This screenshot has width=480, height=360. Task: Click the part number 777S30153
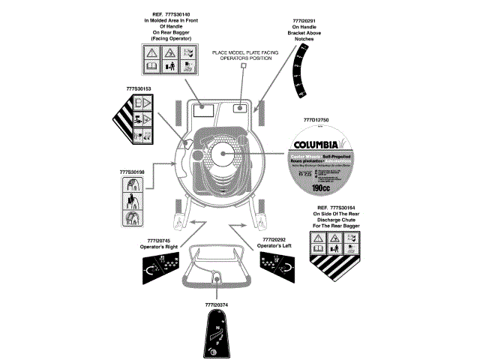coord(139,88)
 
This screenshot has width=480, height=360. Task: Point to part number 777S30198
coord(132,172)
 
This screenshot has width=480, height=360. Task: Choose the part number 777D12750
coord(316,121)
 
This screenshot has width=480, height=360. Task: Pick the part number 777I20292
coord(273,239)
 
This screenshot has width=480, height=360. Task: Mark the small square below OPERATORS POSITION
coord(243,66)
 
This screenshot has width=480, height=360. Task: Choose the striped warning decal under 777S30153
coord(136,120)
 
